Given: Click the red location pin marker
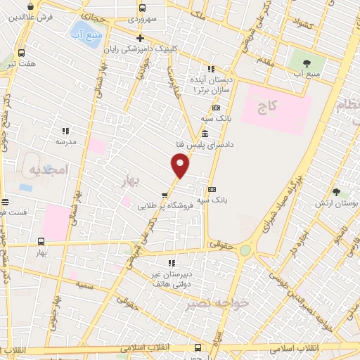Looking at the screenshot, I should (180, 165).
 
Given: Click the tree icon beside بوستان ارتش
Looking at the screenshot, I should (337, 191).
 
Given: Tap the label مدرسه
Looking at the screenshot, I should (65, 141).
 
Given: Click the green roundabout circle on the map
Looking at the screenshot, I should (245, 250).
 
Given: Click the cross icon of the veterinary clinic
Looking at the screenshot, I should (140, 39).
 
